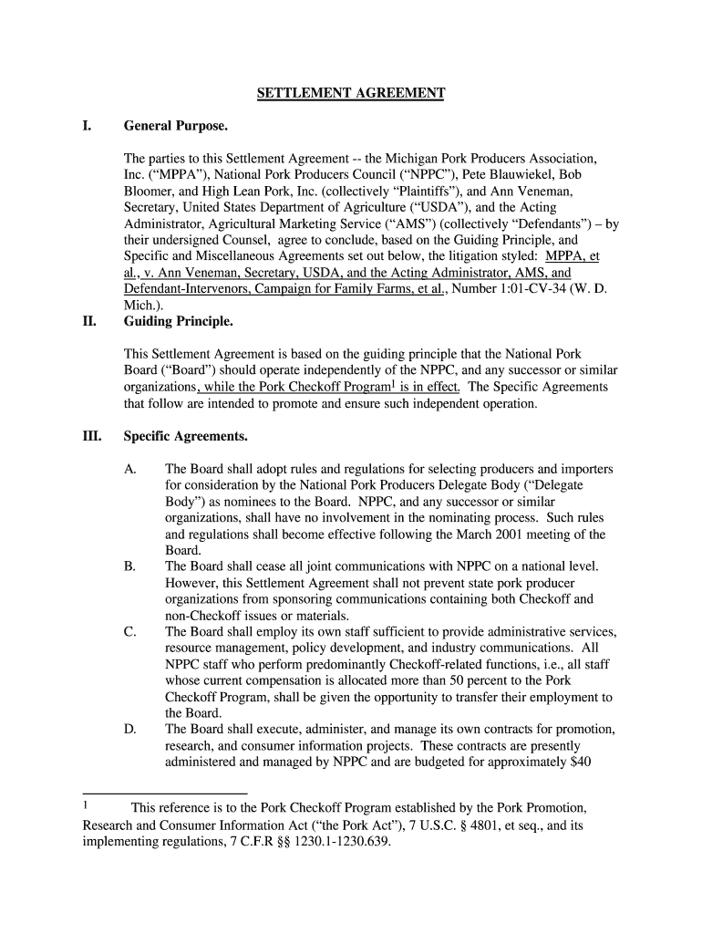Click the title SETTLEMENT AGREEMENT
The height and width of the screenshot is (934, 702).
pos(350,93)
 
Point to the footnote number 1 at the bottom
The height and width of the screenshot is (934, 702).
pos(85,806)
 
